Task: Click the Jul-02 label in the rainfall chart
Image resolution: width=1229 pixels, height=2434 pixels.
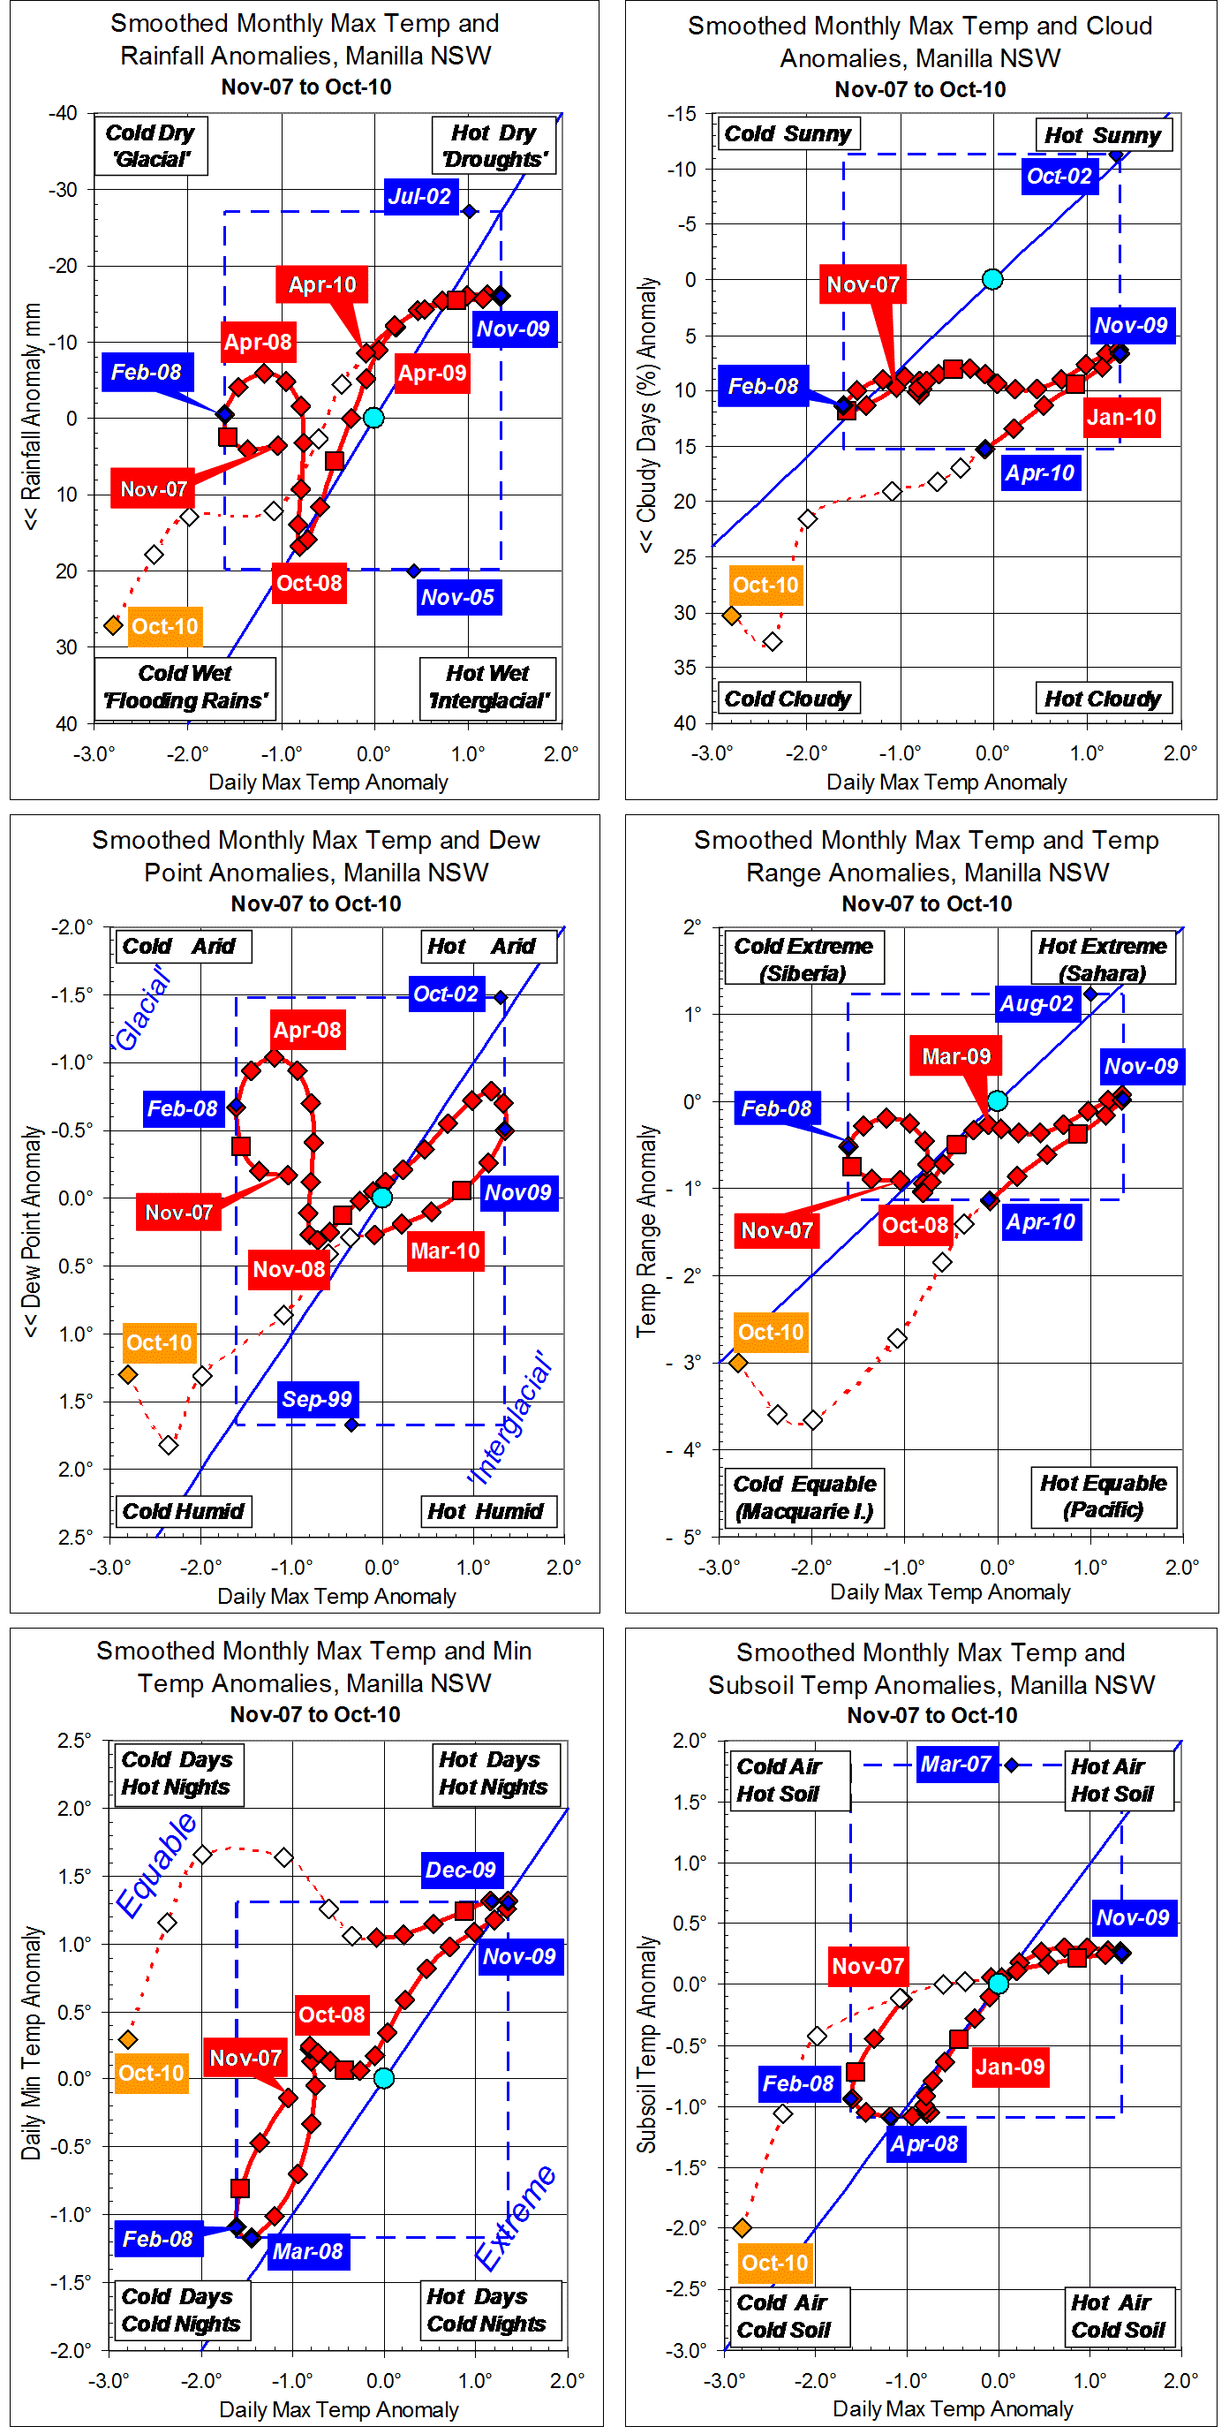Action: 419,197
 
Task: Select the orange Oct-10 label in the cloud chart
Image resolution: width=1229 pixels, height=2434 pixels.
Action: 765,585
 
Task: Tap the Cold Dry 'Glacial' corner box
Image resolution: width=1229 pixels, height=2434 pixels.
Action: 150,146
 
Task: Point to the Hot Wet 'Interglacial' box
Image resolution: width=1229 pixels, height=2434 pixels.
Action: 487,687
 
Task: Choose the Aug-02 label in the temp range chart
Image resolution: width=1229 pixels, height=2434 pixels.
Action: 1037,1003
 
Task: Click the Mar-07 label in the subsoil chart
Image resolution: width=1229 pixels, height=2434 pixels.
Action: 955,1763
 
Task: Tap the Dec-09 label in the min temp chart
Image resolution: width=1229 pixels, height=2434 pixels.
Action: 460,1869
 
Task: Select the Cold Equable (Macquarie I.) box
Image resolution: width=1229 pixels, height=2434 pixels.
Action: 805,1497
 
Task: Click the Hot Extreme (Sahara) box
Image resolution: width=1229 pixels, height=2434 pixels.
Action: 1103,958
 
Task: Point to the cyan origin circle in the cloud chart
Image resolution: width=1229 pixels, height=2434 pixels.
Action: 991,279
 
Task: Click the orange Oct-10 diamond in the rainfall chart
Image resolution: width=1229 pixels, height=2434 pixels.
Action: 113,625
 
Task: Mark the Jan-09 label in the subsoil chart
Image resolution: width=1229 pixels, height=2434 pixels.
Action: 1010,2066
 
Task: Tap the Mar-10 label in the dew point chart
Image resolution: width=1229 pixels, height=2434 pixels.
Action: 445,1251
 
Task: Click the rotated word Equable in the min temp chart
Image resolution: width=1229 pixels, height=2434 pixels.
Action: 156,1865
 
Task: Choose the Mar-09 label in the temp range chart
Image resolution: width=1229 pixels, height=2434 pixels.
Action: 956,1056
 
